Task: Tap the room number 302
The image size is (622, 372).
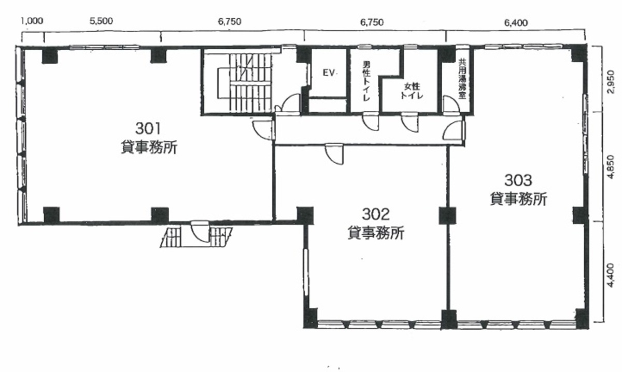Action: [x=376, y=214]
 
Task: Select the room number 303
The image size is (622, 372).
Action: [x=518, y=180]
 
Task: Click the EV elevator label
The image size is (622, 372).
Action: [x=330, y=73]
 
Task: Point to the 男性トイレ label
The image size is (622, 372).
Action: [x=366, y=81]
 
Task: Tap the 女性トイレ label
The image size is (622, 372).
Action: [x=412, y=91]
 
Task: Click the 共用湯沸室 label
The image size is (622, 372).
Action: [x=462, y=79]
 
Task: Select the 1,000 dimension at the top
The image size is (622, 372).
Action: [x=33, y=21]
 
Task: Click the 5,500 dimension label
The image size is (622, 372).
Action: [x=101, y=21]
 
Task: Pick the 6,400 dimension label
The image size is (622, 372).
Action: [x=516, y=22]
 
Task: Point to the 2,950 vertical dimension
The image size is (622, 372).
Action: [x=611, y=82]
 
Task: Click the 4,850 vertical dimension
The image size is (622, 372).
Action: [x=611, y=166]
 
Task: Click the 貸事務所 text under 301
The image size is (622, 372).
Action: [x=149, y=147]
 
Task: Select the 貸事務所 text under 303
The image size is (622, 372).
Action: [x=518, y=199]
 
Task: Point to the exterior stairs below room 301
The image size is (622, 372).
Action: [x=196, y=237]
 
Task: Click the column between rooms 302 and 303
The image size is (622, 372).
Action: [x=447, y=216]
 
